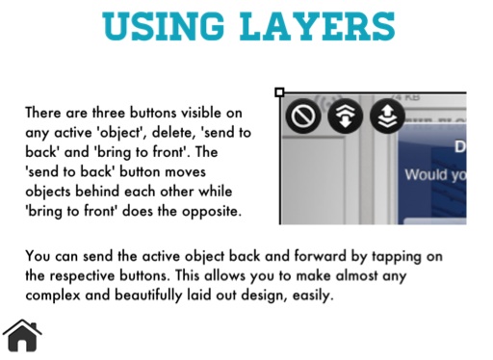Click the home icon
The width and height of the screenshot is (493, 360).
point(22,336)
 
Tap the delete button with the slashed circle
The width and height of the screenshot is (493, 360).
point(303,116)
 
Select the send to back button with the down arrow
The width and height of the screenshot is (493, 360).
point(345,116)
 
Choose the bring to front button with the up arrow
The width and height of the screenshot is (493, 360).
point(387,116)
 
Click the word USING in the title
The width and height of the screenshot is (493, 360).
point(163,26)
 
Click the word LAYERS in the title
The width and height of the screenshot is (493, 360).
point(318,26)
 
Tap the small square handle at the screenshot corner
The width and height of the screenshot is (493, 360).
point(279,92)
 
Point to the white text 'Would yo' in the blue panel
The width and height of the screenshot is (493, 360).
point(435,175)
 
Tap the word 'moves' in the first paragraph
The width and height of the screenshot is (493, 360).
point(185,172)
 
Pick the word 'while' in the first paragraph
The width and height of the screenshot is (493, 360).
point(216,192)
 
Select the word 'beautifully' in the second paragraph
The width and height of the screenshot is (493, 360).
point(148,296)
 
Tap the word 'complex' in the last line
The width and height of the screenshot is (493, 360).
point(53,296)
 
